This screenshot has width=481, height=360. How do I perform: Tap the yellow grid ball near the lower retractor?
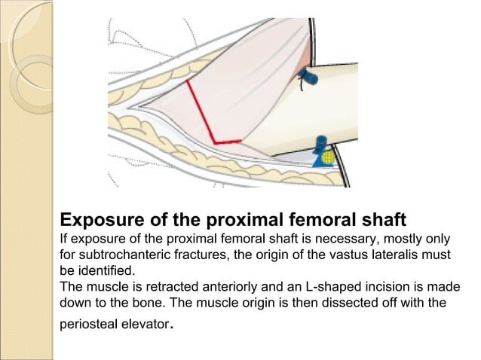327,158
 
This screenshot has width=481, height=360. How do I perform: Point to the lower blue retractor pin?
320,143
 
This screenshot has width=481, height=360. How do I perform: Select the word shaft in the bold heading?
381,220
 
